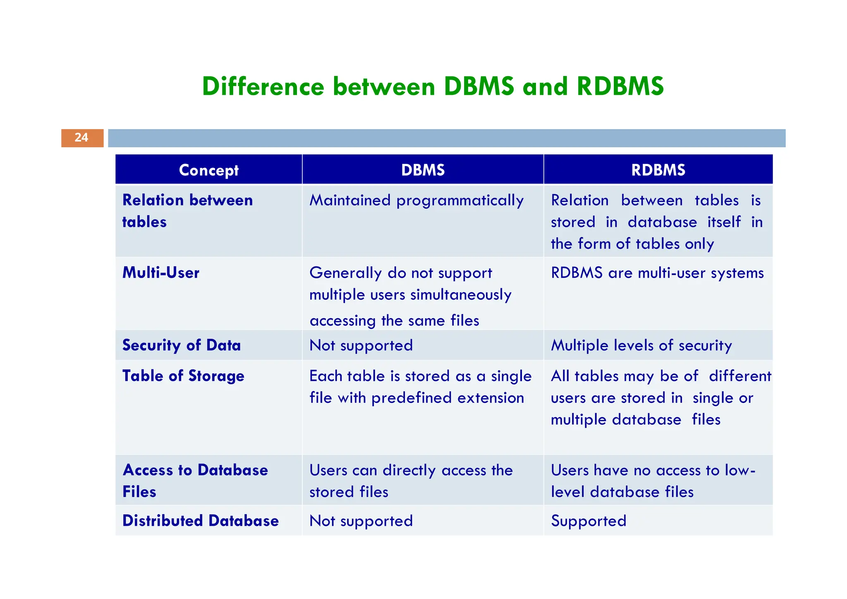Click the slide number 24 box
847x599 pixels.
(x=82, y=138)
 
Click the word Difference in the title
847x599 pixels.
(x=263, y=87)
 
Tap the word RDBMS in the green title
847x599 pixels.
(x=620, y=87)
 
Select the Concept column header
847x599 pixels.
(x=209, y=170)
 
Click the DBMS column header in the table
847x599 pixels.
(x=423, y=170)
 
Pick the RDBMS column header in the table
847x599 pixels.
(x=658, y=170)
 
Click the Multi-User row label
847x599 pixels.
(x=161, y=273)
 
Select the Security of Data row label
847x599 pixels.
(x=182, y=345)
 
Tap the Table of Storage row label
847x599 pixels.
(x=183, y=376)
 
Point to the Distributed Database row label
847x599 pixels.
(x=201, y=521)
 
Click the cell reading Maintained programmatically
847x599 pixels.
(x=416, y=201)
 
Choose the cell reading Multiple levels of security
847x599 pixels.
(x=641, y=345)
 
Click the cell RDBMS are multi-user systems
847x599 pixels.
(x=657, y=273)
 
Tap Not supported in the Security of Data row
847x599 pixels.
(x=361, y=345)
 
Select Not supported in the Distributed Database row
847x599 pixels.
(x=361, y=521)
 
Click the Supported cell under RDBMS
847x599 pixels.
(x=589, y=521)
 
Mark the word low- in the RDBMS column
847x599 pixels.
(x=740, y=470)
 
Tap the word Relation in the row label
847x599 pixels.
(x=153, y=200)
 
